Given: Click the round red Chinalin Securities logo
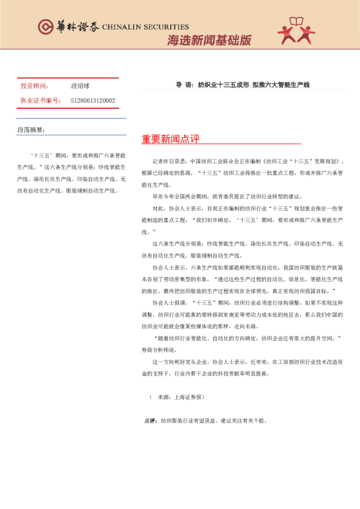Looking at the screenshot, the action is (45, 27).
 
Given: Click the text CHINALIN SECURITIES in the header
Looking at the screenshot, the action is (145, 27).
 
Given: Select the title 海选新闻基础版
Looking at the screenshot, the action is (209, 41).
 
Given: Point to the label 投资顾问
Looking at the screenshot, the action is (34, 86).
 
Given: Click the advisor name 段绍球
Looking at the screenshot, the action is (80, 86).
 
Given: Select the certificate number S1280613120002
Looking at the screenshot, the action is (93, 100).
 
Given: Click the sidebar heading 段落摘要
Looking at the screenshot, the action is (31, 130).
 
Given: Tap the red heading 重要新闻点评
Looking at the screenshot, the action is (171, 139).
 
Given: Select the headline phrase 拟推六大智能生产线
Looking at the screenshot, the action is (281, 85).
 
